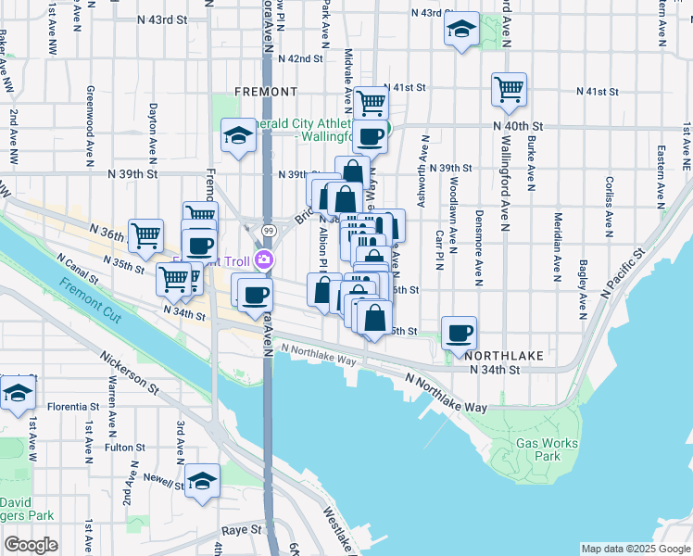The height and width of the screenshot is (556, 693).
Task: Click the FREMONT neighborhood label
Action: tap(266, 92)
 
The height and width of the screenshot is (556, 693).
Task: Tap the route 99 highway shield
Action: tap(268, 229)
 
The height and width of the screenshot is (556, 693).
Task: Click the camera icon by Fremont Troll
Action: tap(265, 260)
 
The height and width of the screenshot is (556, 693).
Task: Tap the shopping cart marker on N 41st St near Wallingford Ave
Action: tap(509, 90)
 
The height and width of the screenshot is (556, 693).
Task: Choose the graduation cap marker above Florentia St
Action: tap(18, 392)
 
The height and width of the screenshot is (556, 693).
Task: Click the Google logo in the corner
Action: tap(31, 544)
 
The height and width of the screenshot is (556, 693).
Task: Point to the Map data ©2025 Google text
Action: tap(635, 549)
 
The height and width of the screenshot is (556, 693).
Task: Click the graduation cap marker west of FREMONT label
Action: tap(238, 137)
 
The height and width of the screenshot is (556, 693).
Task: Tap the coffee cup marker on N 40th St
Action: tap(370, 136)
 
